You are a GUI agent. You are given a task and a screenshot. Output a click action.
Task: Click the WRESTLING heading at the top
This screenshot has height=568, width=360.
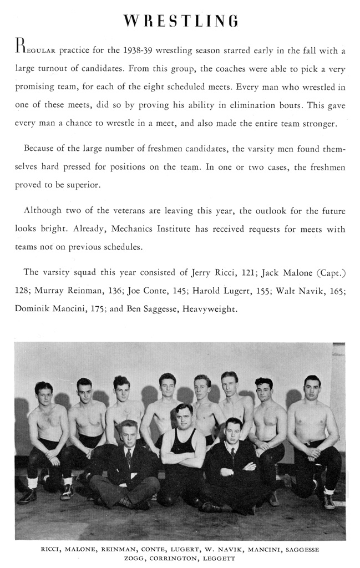181,22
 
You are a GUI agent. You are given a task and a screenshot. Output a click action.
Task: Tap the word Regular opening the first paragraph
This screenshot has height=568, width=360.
31,51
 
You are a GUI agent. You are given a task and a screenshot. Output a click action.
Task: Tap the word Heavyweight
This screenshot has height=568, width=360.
210,308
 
